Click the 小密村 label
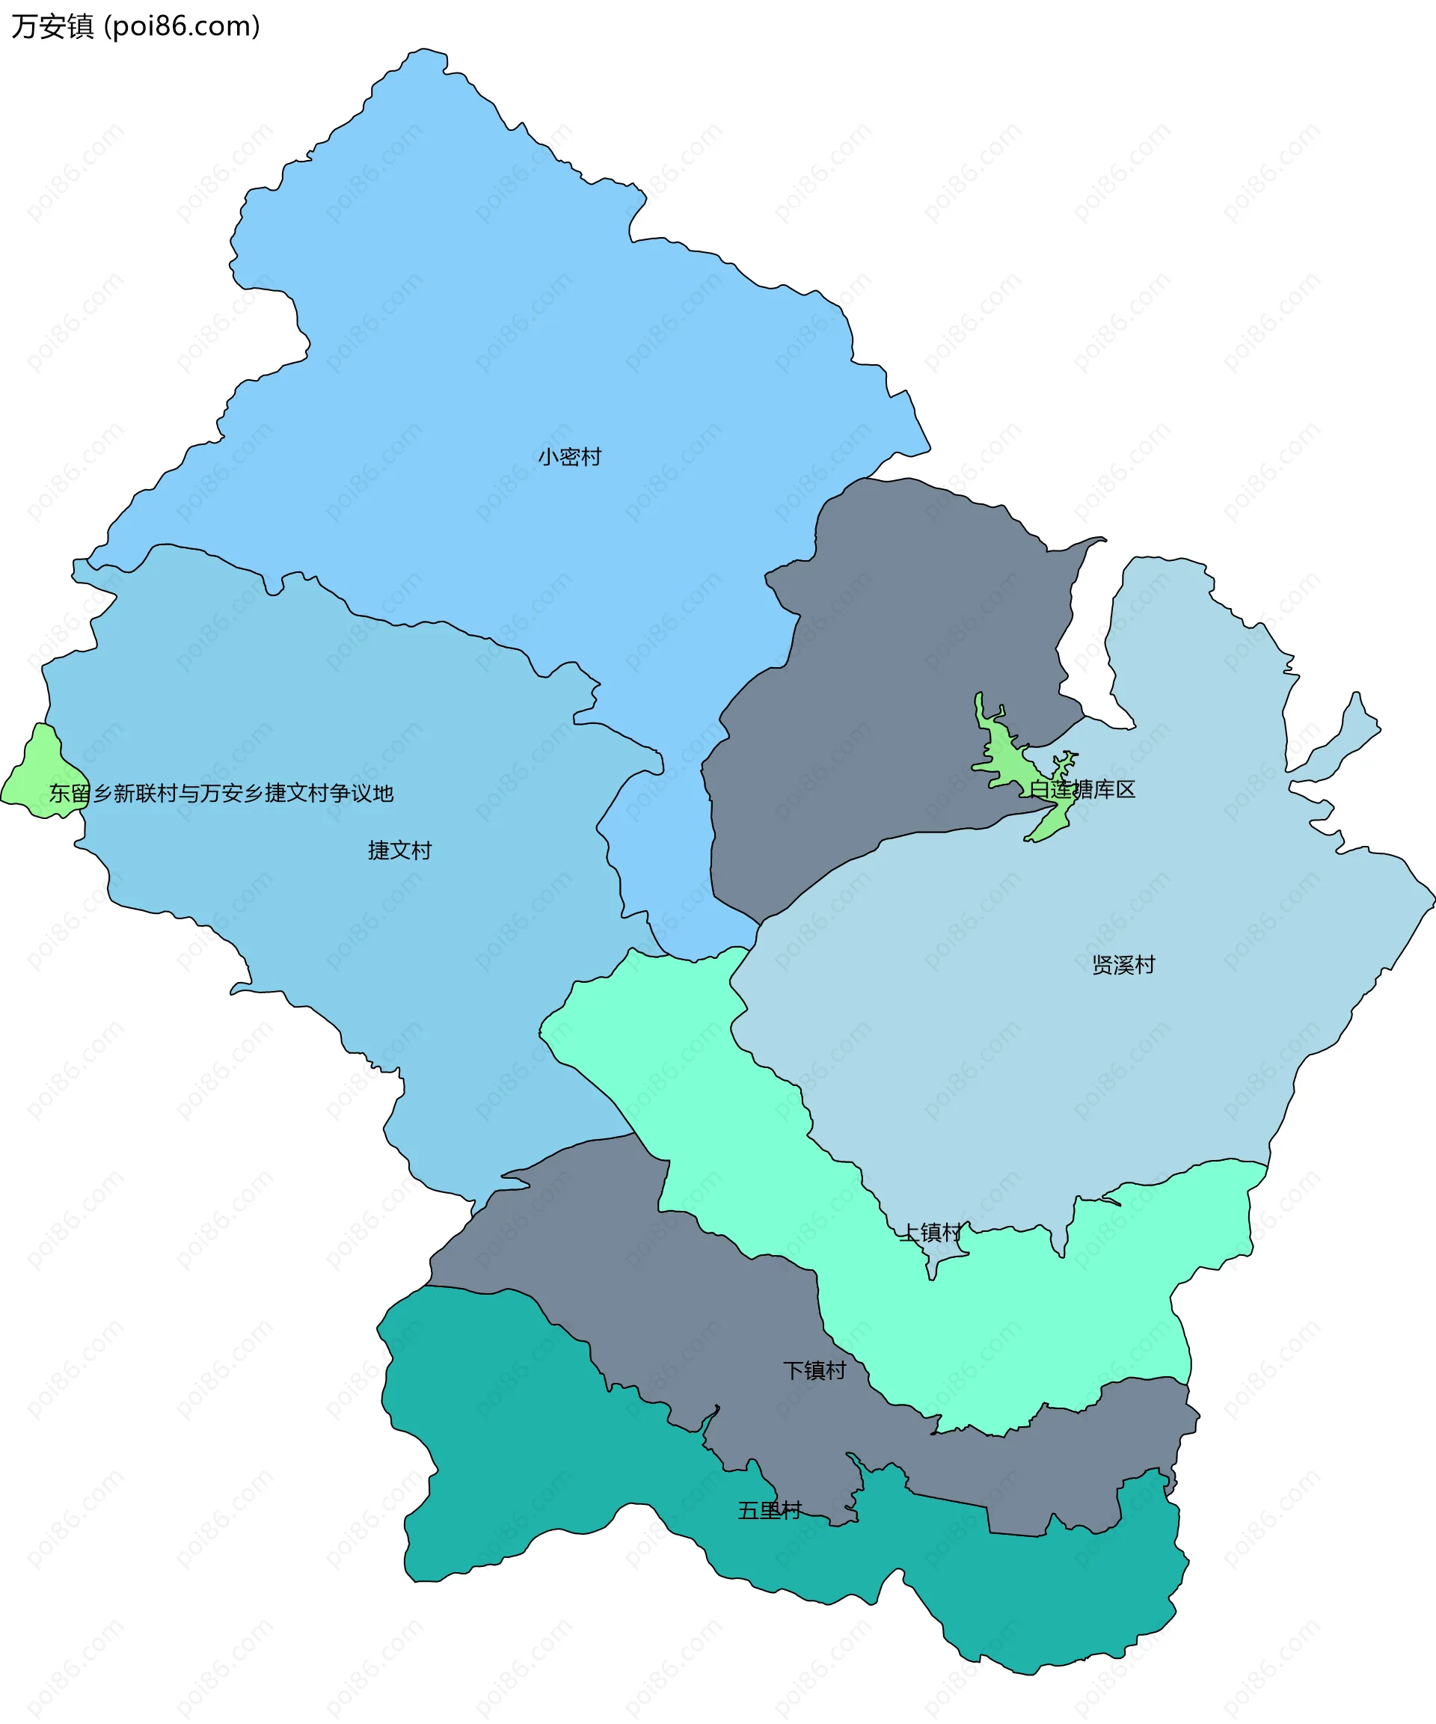coord(570,456)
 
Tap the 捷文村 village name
coord(400,850)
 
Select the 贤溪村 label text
coord(1123,965)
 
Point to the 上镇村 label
coord(930,1233)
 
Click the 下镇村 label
coord(814,1370)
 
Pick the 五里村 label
coord(770,1510)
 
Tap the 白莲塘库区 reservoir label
coord(1082,789)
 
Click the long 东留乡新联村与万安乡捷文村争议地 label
coord(221,793)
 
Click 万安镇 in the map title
coord(52,26)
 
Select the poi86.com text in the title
coord(182,26)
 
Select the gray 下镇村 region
coord(657,1280)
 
